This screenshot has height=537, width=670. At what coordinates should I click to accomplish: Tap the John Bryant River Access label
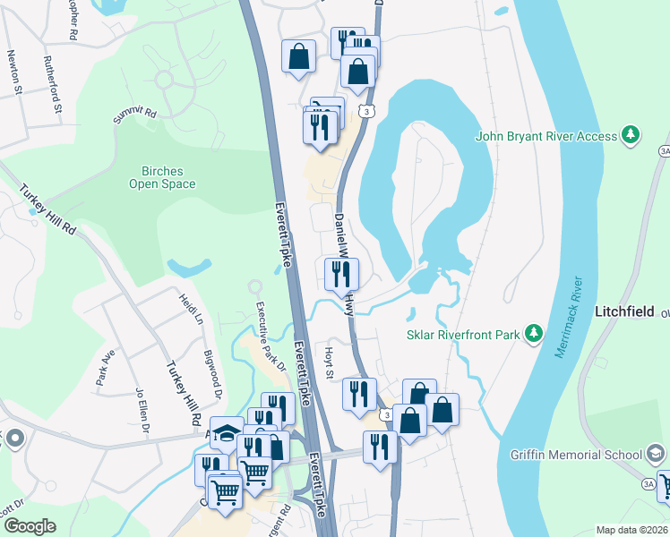point(546,136)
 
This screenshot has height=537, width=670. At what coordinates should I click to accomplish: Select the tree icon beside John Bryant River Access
point(631,135)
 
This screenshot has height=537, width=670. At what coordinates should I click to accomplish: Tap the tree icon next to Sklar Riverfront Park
point(535,334)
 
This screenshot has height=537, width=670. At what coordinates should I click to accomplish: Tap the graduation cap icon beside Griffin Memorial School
point(657,455)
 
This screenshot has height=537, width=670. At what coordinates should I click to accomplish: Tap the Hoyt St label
point(330,362)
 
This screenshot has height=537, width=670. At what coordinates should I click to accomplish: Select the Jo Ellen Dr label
point(141,408)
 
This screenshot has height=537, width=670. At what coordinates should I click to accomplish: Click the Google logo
point(29,526)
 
